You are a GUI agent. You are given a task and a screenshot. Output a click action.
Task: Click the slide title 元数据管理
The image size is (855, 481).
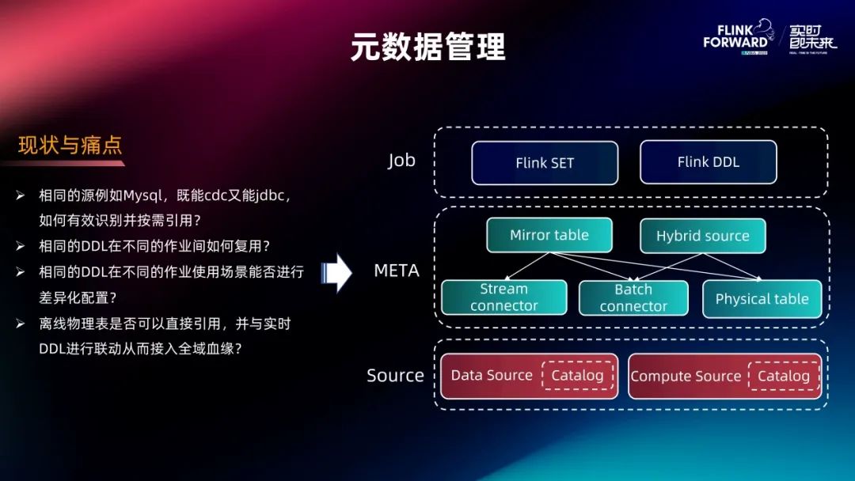pyautogui.click(x=427, y=47)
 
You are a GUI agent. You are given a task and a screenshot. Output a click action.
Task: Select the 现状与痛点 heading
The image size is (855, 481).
pyautogui.click(x=70, y=146)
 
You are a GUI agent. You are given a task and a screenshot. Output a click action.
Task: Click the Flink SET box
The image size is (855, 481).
pyautogui.click(x=545, y=163)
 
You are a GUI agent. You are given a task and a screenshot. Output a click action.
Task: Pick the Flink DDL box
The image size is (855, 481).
pyautogui.click(x=708, y=162)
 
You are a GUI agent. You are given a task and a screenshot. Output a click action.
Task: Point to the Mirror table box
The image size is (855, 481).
pyautogui.click(x=549, y=235)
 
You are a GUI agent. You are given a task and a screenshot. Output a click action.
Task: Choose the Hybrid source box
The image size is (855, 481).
pyautogui.click(x=702, y=236)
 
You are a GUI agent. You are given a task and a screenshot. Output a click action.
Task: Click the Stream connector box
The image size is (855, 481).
pyautogui.click(x=503, y=297)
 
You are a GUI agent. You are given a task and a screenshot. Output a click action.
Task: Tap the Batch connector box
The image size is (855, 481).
pyautogui.click(x=633, y=298)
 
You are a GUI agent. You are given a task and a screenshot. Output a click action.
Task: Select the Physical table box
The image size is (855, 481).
pyautogui.click(x=762, y=299)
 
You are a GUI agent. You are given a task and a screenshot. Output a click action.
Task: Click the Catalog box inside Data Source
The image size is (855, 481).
pyautogui.click(x=577, y=376)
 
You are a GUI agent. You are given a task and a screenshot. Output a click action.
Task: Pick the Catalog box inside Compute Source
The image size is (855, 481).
pyautogui.click(x=783, y=377)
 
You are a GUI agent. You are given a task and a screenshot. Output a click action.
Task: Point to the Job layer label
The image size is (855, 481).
pyautogui.click(x=401, y=161)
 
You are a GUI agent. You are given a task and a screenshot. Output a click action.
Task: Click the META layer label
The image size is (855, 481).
pyautogui.click(x=397, y=271)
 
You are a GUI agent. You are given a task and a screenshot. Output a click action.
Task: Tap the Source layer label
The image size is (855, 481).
pyautogui.click(x=395, y=376)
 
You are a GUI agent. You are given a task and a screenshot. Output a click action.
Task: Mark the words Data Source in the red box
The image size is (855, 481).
pyautogui.click(x=492, y=376)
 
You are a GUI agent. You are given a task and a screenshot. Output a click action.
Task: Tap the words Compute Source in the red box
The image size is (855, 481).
pyautogui.click(x=686, y=377)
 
